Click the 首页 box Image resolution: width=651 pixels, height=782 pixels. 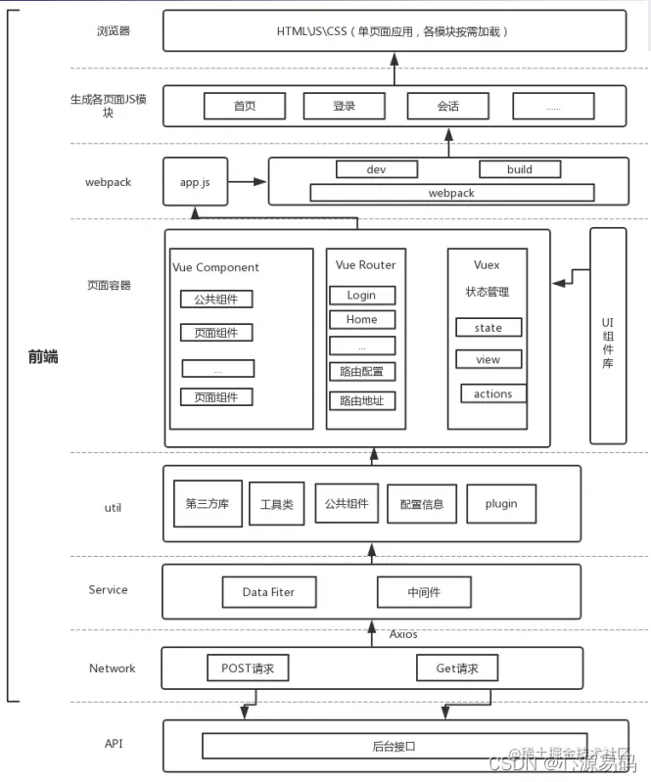(x=244, y=106)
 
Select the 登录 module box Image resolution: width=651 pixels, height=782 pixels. (x=344, y=106)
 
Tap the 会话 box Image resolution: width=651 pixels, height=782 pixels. (x=447, y=106)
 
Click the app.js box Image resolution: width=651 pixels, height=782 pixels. (x=195, y=182)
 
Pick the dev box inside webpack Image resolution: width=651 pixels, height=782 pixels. (x=377, y=169)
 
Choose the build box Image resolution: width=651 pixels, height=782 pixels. (x=519, y=169)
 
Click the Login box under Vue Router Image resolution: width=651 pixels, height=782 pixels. (x=361, y=295)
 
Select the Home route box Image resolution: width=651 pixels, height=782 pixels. (x=361, y=319)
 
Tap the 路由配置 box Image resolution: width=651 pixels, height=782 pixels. (x=361, y=372)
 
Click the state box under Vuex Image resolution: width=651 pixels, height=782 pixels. (x=488, y=328)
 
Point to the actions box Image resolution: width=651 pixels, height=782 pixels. (x=492, y=393)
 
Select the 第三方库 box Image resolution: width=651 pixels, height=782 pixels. (x=208, y=504)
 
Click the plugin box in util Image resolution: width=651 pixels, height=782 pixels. (x=500, y=504)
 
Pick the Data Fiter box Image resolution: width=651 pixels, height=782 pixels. (x=268, y=592)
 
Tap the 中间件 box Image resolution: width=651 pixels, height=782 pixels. (x=425, y=592)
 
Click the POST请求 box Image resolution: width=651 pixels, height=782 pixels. (x=248, y=668)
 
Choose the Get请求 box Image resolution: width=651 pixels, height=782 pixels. (x=455, y=668)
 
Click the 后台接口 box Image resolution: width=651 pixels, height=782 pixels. (x=395, y=746)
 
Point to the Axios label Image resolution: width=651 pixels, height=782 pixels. (x=403, y=634)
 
